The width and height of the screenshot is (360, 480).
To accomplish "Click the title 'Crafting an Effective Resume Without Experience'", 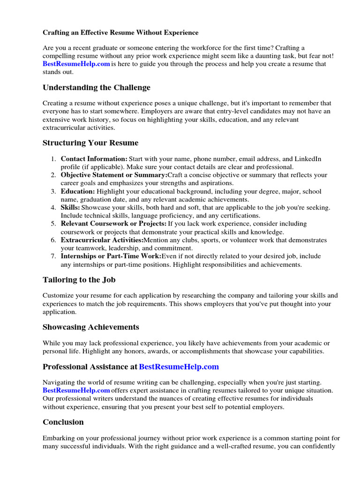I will tap(120, 33).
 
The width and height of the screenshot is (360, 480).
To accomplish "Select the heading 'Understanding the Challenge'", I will tap(97, 88).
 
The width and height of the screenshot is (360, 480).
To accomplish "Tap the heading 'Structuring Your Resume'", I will tap(90, 143).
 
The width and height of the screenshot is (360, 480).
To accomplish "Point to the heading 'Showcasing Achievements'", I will tap(90, 327).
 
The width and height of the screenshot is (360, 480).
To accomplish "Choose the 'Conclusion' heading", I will tap(63, 422).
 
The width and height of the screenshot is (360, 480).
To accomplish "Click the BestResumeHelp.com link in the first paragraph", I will tap(76, 64).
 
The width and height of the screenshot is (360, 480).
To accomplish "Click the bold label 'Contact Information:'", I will tap(94, 159).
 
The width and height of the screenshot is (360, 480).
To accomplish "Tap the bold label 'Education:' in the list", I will tap(77, 191).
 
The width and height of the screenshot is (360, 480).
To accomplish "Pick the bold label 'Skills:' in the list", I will tap(70, 208).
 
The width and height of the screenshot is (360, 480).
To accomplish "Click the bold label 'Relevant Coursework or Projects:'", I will tap(113, 224).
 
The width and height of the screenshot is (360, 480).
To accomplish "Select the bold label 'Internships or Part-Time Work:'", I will tap(111, 256).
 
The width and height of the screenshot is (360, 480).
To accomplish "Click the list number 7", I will tap(53, 256).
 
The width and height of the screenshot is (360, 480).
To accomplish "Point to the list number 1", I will tap(53, 159).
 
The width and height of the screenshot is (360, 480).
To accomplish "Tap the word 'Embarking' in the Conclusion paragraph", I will tap(59, 438).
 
